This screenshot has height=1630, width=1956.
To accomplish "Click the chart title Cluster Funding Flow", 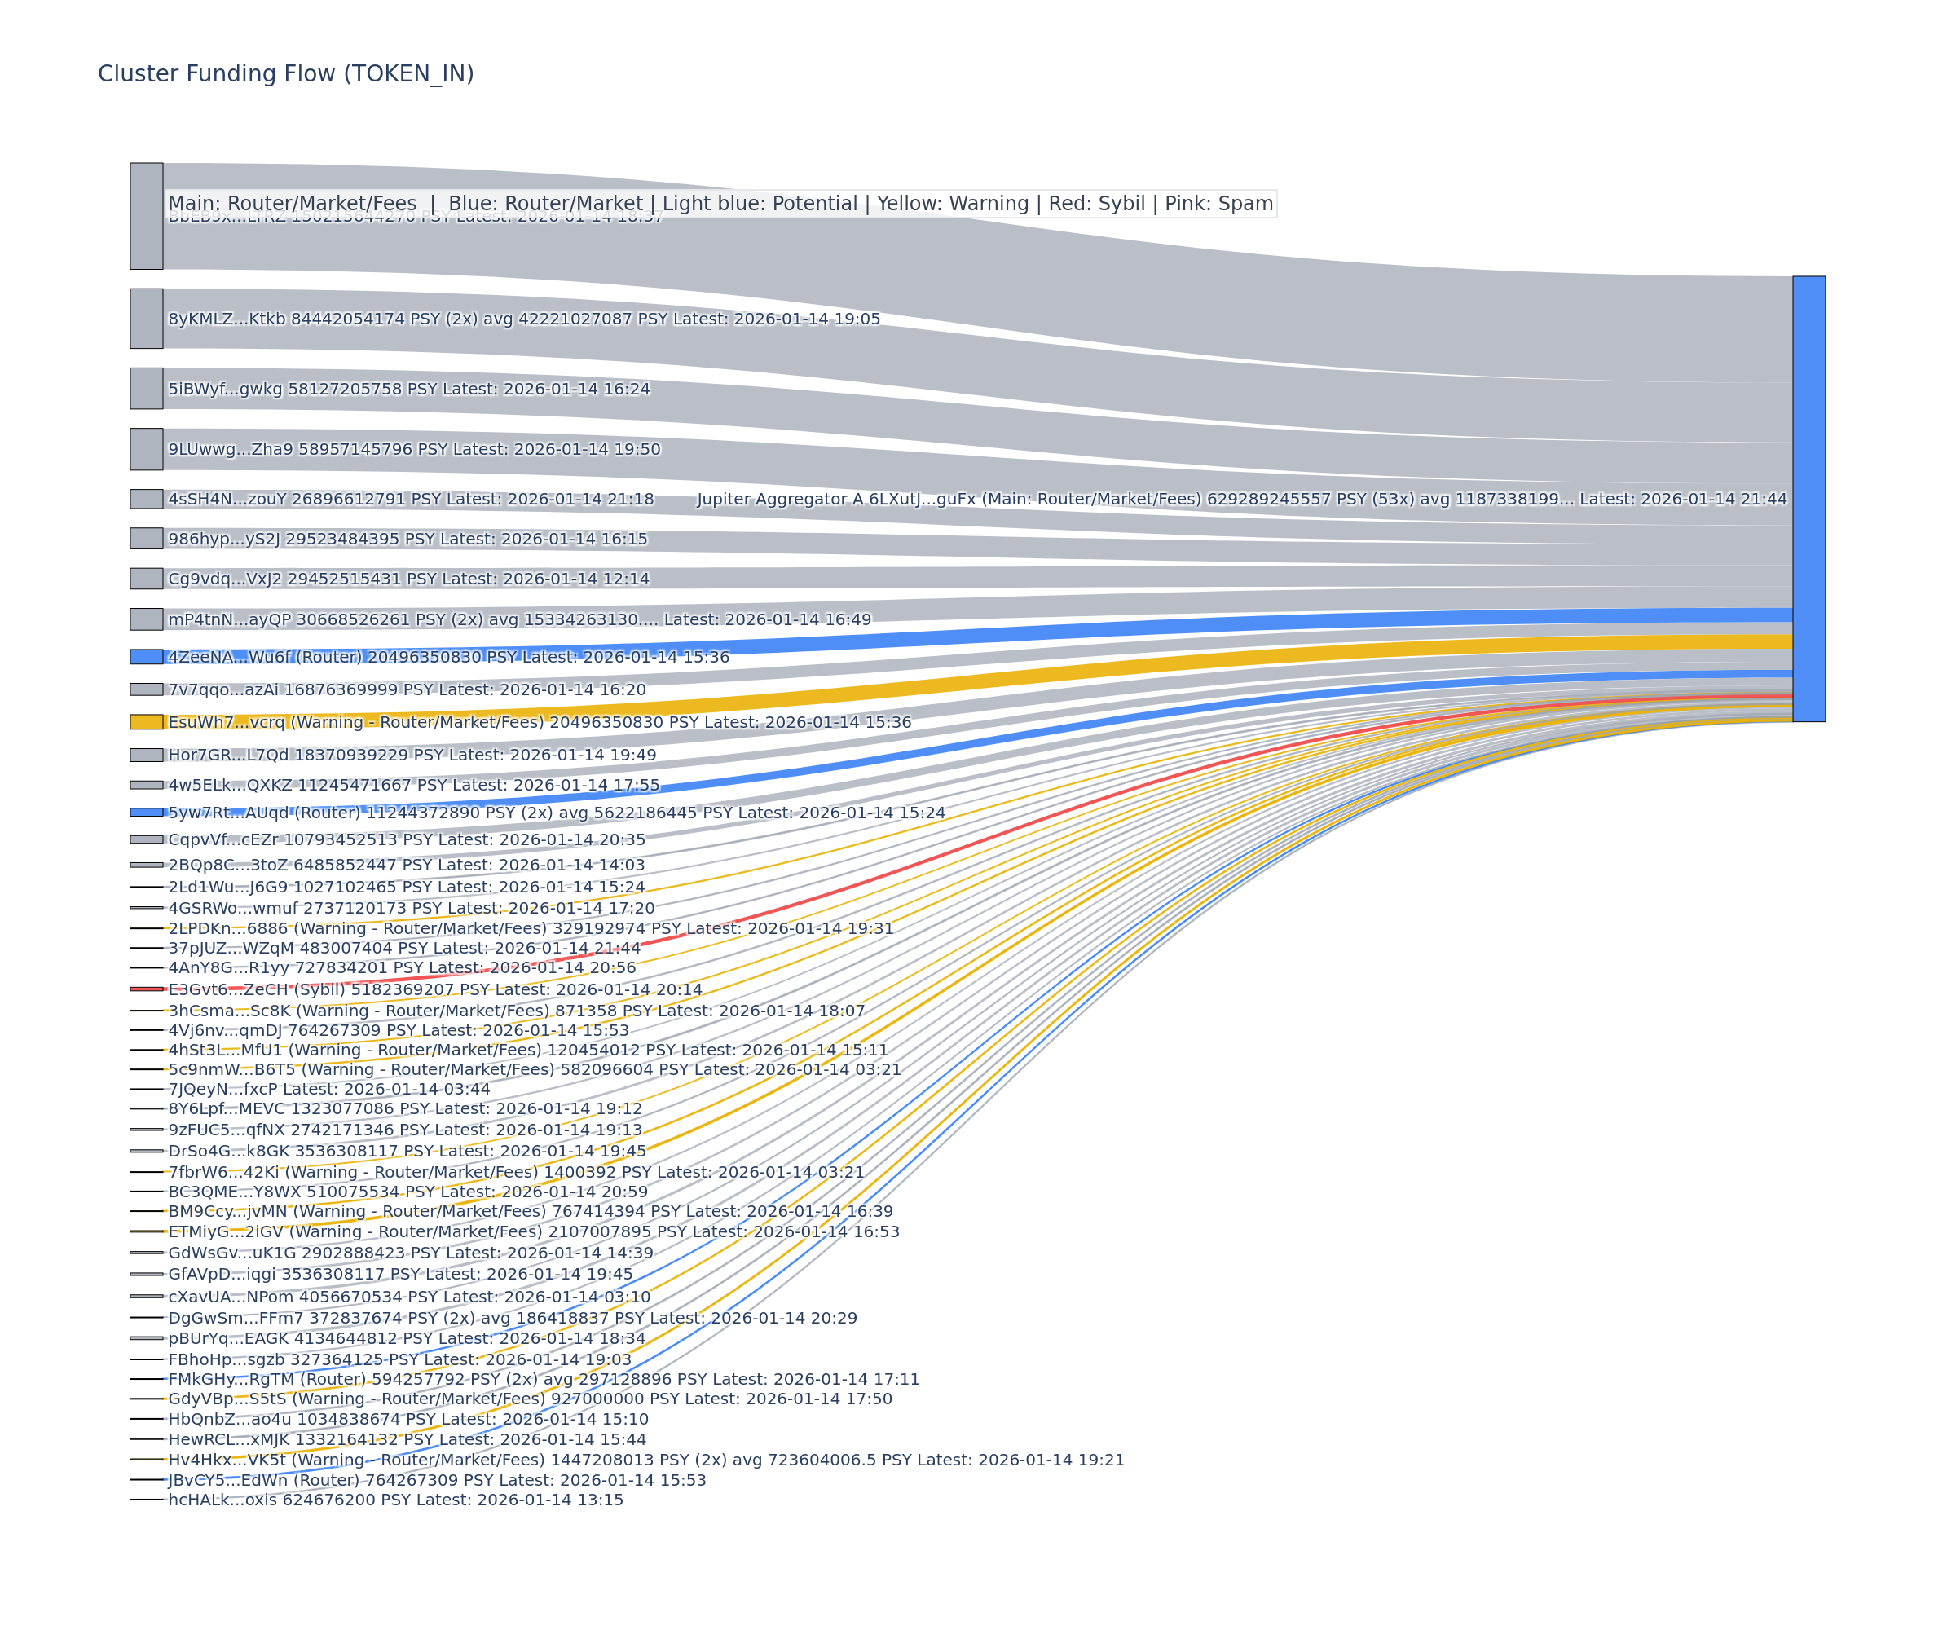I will [x=285, y=73].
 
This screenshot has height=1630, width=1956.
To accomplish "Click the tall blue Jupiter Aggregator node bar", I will [x=1808, y=498].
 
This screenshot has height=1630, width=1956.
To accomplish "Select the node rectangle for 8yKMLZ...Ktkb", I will [x=146, y=319].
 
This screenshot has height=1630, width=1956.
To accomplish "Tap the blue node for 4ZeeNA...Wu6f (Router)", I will [x=146, y=657].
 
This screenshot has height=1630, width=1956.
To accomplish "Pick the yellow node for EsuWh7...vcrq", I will [x=146, y=722].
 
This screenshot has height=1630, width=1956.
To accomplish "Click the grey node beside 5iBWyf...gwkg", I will [x=146, y=389].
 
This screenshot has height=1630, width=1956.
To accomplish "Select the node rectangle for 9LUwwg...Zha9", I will [x=146, y=449].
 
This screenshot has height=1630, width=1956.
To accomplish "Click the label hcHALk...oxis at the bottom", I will [x=395, y=1500].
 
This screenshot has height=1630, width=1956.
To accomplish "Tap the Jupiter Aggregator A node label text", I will [x=1240, y=500].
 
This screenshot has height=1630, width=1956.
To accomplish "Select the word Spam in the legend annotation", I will [x=1245, y=204].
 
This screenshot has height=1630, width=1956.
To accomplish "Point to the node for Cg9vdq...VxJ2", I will [x=146, y=579].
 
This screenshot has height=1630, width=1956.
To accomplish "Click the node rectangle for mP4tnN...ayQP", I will [x=146, y=619].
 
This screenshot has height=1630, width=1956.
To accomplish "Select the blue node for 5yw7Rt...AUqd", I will [x=146, y=813].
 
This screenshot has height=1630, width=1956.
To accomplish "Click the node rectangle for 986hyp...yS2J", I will [x=146, y=539].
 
